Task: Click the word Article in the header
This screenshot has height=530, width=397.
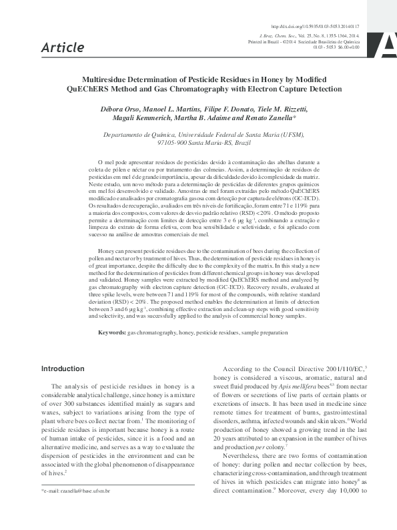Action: click(63, 47)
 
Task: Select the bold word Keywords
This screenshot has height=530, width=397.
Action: click(112, 332)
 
